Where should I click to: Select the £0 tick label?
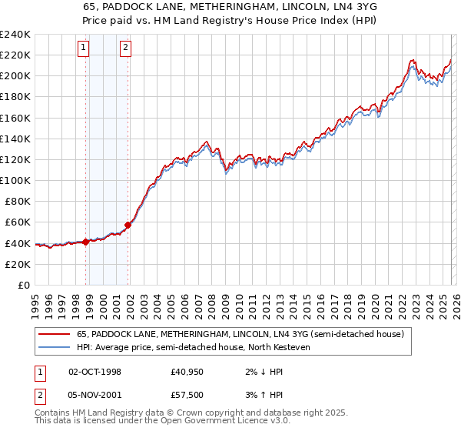point(23,285)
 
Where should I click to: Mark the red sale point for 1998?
point(86,242)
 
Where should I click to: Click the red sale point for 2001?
point(128,224)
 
